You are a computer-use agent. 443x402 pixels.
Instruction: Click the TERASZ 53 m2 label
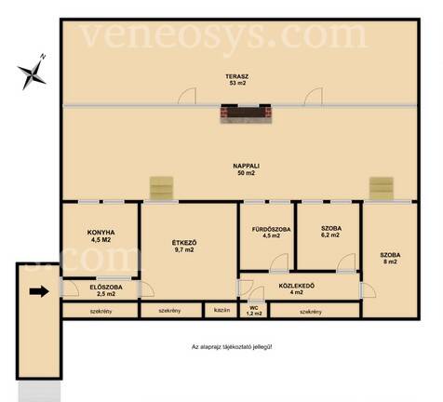click(x=237, y=79)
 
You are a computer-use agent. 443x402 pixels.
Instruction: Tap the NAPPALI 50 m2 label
click(x=246, y=169)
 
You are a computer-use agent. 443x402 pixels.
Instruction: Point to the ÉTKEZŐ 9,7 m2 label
click(x=184, y=246)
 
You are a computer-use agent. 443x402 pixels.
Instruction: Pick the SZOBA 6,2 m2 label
click(x=331, y=232)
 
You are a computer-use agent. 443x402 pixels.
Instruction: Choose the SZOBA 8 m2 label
click(x=390, y=258)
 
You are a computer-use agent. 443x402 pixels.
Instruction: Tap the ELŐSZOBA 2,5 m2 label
click(x=106, y=290)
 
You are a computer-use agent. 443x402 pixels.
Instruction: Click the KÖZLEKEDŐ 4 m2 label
click(x=296, y=288)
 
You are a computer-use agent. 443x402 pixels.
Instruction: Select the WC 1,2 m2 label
click(x=254, y=311)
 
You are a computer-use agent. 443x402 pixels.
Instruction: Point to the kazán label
click(x=221, y=310)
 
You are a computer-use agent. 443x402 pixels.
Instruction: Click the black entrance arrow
click(x=39, y=291)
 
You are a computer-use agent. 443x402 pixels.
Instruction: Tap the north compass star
click(x=32, y=73)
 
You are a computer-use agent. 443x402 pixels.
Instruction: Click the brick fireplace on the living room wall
click(x=246, y=114)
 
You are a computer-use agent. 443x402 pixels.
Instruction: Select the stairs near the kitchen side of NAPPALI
click(x=161, y=188)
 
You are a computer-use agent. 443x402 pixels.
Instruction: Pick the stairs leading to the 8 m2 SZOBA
click(x=382, y=188)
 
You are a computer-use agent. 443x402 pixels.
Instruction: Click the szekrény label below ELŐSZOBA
click(x=101, y=311)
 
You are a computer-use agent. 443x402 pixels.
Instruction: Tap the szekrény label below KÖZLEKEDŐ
click(x=311, y=312)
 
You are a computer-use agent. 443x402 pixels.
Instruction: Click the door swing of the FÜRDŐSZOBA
click(x=279, y=262)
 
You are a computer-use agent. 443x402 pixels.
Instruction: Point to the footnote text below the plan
click(x=232, y=347)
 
